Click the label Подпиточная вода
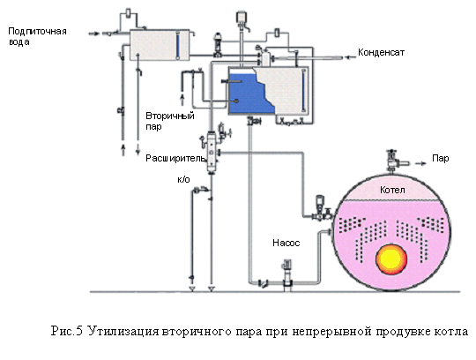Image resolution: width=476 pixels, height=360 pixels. pyautogui.click(x=37, y=36)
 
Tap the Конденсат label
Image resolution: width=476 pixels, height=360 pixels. pyautogui.click(x=381, y=52)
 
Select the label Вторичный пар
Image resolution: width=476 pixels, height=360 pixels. pyautogui.click(x=170, y=121)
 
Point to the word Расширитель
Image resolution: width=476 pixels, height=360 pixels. pyautogui.click(x=175, y=158)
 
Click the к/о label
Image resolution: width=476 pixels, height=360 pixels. pyautogui.click(x=183, y=179)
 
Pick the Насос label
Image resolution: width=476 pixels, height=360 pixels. pyautogui.click(x=286, y=243)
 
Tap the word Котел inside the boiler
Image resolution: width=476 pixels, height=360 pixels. pyautogui.click(x=392, y=191)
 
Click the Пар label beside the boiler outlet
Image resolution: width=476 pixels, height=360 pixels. pyautogui.click(x=440, y=159)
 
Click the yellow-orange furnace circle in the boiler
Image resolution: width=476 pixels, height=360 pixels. pyautogui.click(x=391, y=259)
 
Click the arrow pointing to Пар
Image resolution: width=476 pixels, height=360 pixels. pyautogui.click(x=420, y=163)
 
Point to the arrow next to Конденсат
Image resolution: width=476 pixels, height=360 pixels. pyautogui.click(x=351, y=56)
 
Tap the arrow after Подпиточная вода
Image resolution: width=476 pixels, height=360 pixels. pyautogui.click(x=93, y=34)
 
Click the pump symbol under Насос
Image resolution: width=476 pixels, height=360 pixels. pyautogui.click(x=286, y=275)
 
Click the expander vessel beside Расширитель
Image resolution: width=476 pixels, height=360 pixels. pyautogui.click(x=211, y=152)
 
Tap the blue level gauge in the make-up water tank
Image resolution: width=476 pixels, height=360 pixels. pyautogui.click(x=177, y=45)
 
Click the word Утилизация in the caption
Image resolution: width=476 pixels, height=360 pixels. pyautogui.click(x=123, y=331)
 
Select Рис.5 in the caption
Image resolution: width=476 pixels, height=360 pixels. pyautogui.click(x=67, y=331)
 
